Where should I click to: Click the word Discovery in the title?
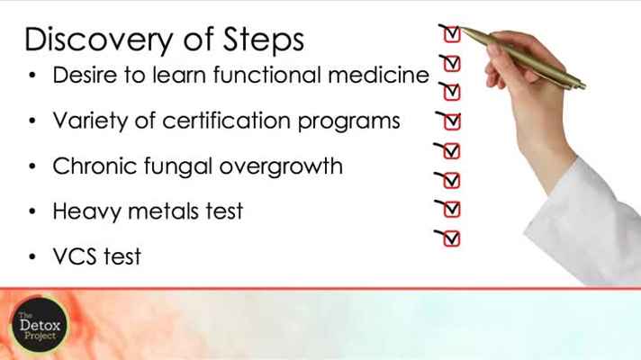(x=98, y=40)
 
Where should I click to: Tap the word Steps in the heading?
(x=263, y=40)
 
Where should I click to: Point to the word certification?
(x=226, y=121)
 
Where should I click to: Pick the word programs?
(x=348, y=121)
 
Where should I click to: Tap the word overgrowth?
(x=281, y=166)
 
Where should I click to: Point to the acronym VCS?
(x=75, y=256)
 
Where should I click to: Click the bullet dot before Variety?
(x=32, y=121)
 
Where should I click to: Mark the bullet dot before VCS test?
(x=32, y=257)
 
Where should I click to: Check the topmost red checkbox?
(x=452, y=34)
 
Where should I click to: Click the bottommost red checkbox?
(x=451, y=239)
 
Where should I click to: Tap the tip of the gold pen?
(x=461, y=29)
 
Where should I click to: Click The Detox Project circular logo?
(x=40, y=325)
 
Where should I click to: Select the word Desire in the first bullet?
(x=85, y=75)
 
